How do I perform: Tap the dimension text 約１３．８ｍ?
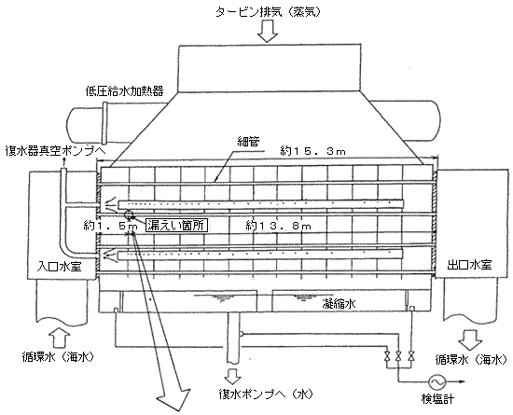click(277, 226)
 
